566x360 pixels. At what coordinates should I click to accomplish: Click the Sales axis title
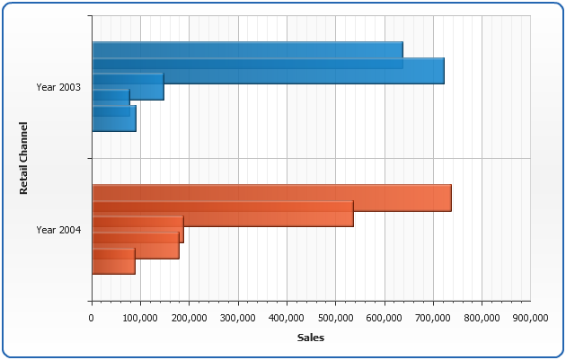click(311, 338)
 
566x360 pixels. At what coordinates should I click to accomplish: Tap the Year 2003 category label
click(58, 87)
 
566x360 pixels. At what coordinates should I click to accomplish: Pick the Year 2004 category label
click(58, 230)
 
